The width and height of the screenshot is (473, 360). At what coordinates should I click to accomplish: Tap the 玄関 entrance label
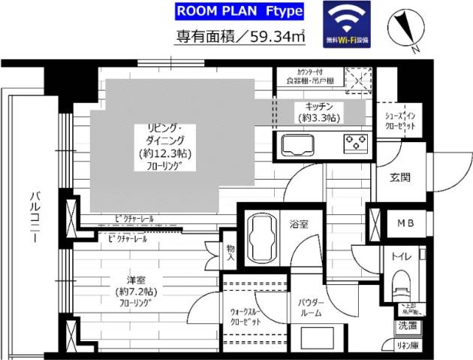point(400,177)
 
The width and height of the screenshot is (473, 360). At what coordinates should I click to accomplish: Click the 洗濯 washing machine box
point(408,327)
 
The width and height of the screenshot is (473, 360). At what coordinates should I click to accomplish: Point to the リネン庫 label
point(408,346)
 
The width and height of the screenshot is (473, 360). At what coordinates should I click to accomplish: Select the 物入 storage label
point(230,252)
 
